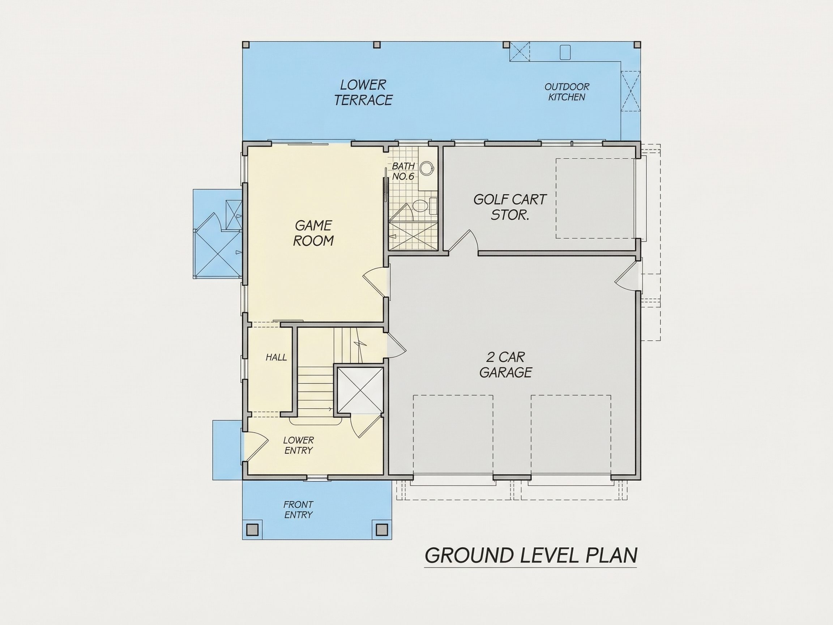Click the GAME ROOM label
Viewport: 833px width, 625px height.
pyautogui.click(x=313, y=233)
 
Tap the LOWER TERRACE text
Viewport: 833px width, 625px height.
pyautogui.click(x=363, y=93)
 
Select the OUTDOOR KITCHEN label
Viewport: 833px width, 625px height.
pyautogui.click(x=567, y=92)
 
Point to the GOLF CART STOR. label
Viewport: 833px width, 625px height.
pyautogui.click(x=509, y=207)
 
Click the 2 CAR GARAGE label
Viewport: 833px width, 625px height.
pyautogui.click(x=505, y=365)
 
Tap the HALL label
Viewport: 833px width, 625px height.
pyautogui.click(x=276, y=357)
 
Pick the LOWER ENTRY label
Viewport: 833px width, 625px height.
pyautogui.click(x=299, y=445)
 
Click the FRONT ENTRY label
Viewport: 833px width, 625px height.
pyautogui.click(x=299, y=510)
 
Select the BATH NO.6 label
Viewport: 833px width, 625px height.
pyautogui.click(x=403, y=171)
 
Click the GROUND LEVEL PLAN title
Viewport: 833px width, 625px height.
pyautogui.click(x=531, y=555)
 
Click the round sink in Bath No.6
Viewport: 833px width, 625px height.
pyautogui.click(x=426, y=168)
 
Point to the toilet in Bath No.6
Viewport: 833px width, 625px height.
pyautogui.click(x=421, y=206)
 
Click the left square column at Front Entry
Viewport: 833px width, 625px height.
pyautogui.click(x=252, y=530)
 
